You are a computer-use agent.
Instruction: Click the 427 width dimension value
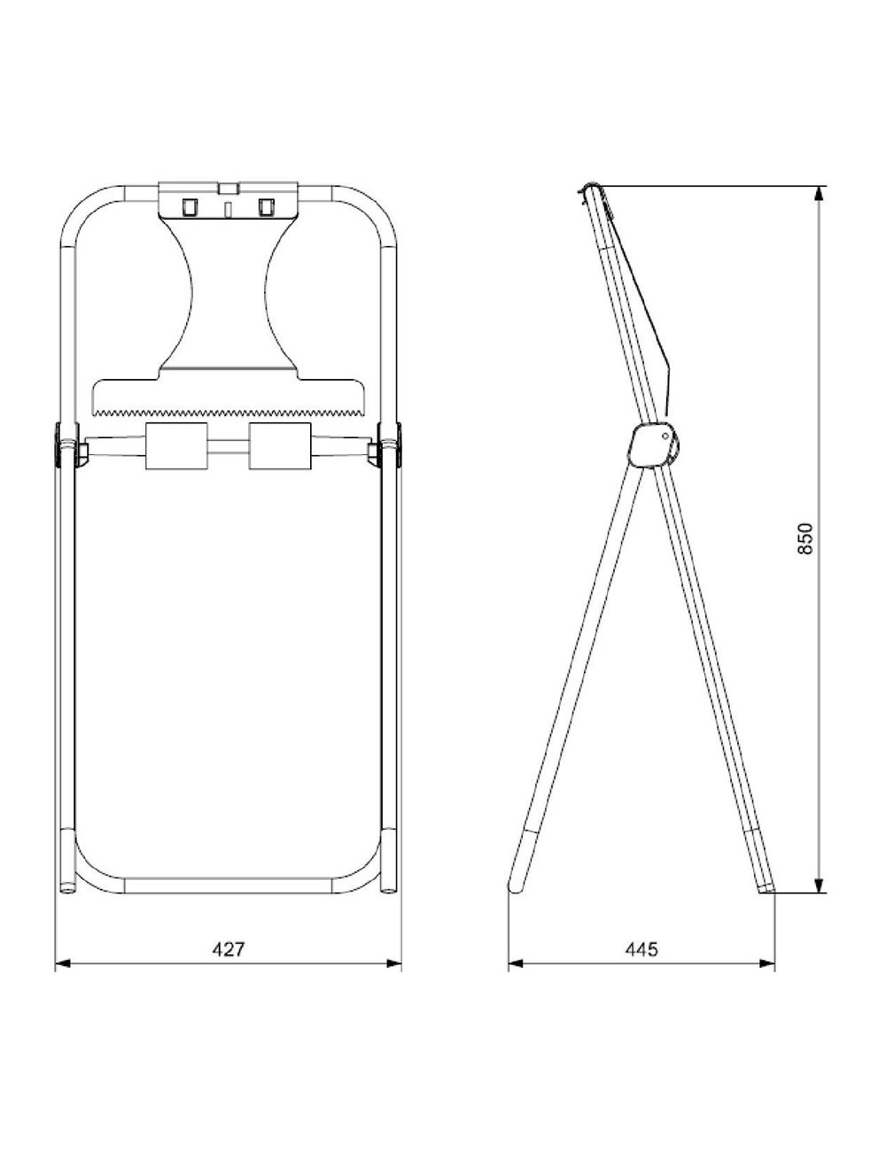[x=228, y=948]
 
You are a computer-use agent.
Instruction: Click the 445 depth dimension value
[x=641, y=949]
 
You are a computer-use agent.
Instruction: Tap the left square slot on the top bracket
[x=189, y=206]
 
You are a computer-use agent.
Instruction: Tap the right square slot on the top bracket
[x=264, y=206]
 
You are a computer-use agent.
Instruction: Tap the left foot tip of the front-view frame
[x=67, y=887]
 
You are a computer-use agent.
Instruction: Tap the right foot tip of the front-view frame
[x=389, y=887]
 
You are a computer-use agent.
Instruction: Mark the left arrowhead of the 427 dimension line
[x=60, y=964]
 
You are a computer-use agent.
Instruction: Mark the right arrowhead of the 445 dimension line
[x=770, y=964]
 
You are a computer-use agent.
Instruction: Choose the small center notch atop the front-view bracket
[x=229, y=189]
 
